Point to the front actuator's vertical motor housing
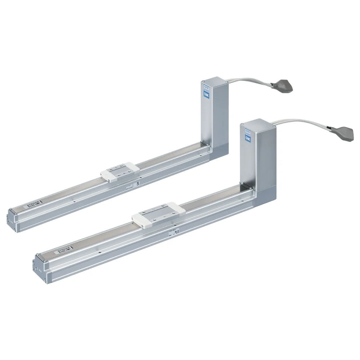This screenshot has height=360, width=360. coord(259,158)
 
